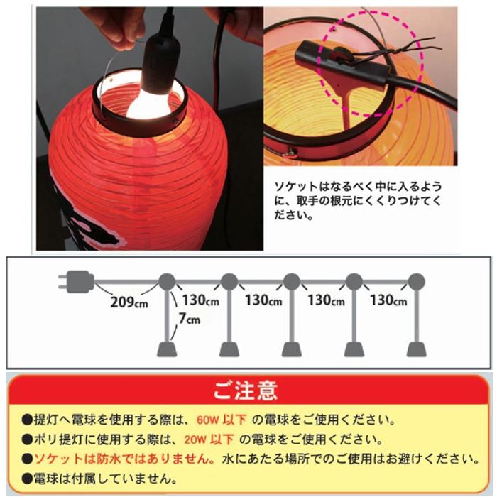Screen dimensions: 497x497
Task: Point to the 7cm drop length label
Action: tap(190, 319)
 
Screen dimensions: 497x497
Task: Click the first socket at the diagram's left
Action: tap(168, 349)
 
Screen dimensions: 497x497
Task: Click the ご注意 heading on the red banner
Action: tap(246, 390)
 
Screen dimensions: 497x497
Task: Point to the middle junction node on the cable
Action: tap(291, 281)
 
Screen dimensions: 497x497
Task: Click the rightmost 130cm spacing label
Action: tap(388, 300)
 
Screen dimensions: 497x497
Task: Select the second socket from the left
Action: tap(229, 349)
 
